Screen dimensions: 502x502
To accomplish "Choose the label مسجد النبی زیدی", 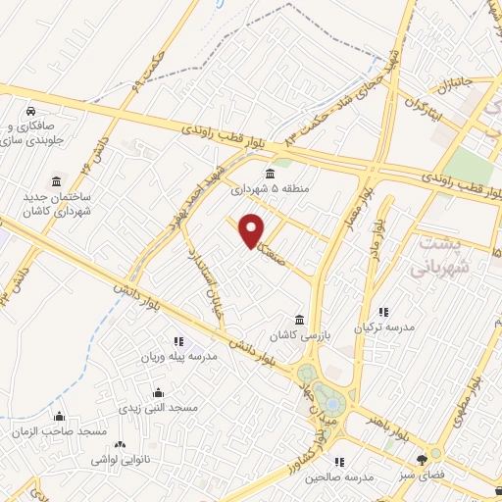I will click(158, 406).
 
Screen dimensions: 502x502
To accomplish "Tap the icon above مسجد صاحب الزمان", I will click(60, 417).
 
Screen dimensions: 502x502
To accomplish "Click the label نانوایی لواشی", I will click(121, 459).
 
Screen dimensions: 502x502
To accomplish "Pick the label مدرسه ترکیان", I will click(378, 326).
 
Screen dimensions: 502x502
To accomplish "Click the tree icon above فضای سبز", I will click(423, 457).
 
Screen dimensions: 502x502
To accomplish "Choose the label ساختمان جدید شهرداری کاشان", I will click(57, 204).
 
